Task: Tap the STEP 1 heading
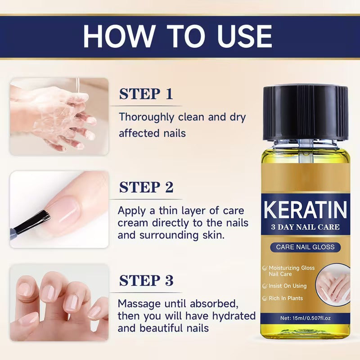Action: point(146,94)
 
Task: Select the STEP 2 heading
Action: point(146,187)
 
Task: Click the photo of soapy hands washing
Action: point(59,116)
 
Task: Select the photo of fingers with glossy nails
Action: point(59,302)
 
